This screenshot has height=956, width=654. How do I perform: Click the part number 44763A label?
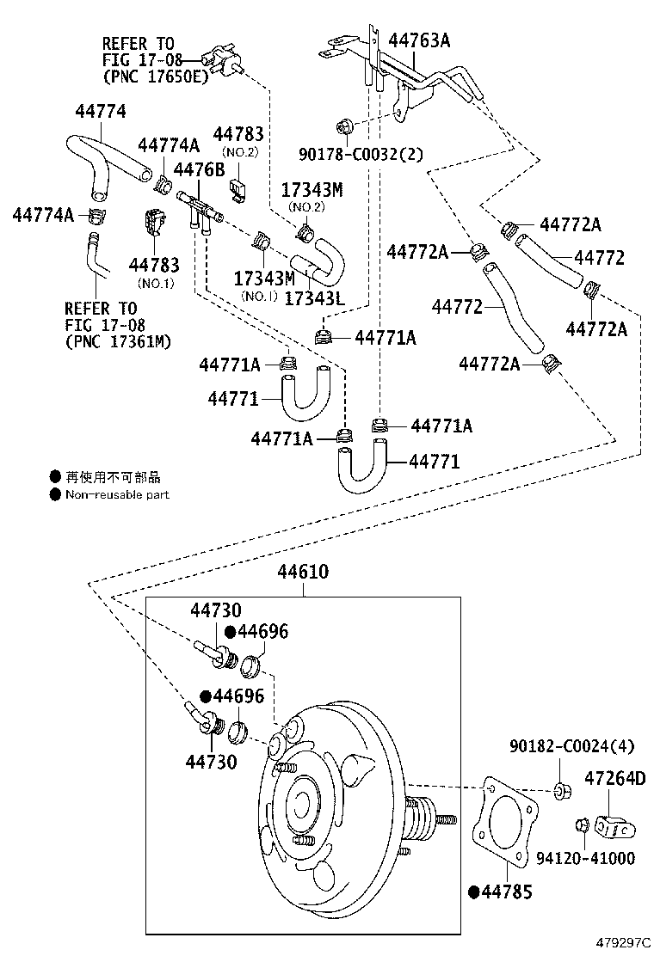(419, 40)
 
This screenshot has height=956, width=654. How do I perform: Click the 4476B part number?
(199, 169)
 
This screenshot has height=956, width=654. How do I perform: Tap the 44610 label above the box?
(302, 573)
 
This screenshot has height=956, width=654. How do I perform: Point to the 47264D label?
(614, 779)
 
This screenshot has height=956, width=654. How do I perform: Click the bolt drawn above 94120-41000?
(582, 825)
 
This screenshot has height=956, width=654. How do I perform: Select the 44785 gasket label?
(507, 892)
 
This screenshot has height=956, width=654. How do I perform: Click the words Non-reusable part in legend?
(117, 494)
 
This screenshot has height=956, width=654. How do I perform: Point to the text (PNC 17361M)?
(118, 342)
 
